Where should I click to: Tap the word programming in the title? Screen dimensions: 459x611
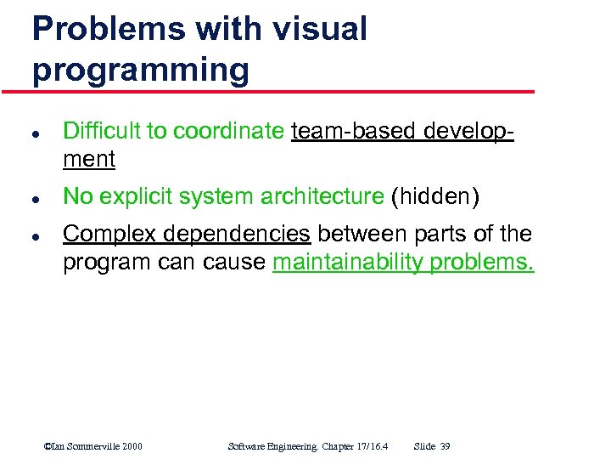[x=141, y=70]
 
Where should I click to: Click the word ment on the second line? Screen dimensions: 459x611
[x=89, y=159]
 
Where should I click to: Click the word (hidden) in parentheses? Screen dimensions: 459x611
[x=434, y=196]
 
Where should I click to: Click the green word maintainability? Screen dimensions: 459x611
[x=349, y=263]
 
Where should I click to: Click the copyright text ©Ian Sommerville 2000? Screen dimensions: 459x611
[x=92, y=446]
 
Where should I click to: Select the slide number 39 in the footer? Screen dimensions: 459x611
[x=445, y=446]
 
